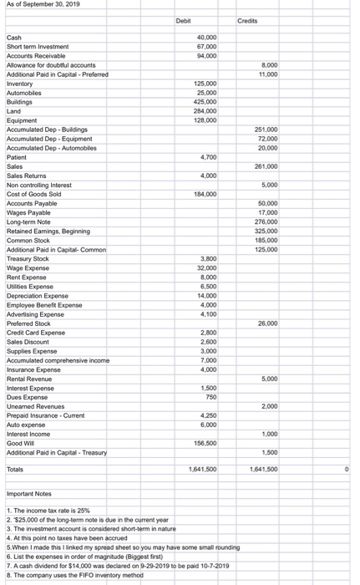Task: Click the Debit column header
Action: point(186,19)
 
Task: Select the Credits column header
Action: point(248,19)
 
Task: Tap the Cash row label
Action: point(14,38)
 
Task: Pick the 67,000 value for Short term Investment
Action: point(206,47)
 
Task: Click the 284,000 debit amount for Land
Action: point(205,111)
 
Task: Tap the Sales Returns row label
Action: point(26,175)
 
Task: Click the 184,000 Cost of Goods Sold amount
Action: point(205,194)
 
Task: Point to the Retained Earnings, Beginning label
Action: point(48,231)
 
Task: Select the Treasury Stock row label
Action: point(28,258)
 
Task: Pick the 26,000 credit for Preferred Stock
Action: point(266,323)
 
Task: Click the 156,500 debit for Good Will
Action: point(205,442)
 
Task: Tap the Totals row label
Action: point(16,470)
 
